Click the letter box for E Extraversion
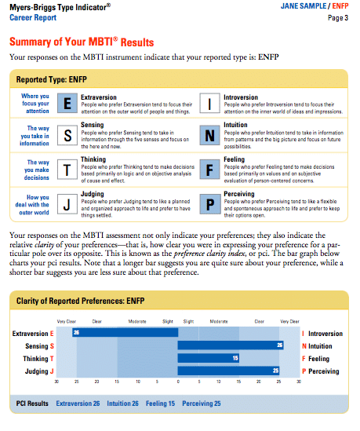[x=68, y=103]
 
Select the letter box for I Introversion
[x=209, y=103]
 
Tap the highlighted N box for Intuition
[x=209, y=135]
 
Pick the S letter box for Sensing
[x=68, y=135]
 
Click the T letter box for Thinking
[x=68, y=170]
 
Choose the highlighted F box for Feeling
[x=209, y=170]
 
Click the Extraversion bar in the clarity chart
[x=125, y=333]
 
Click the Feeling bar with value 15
[x=209, y=358]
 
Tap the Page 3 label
[x=338, y=16]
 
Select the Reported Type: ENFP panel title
[x=52, y=80]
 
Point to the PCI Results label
[x=33, y=404]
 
